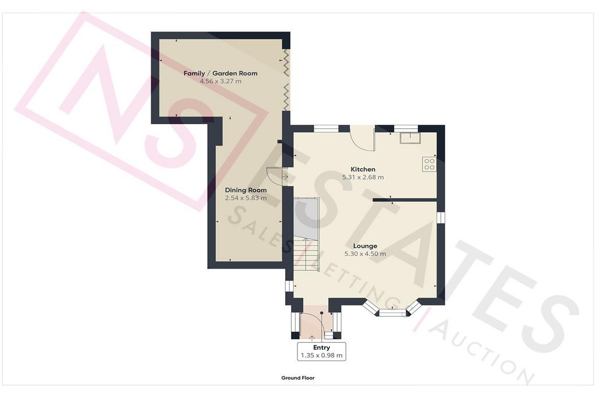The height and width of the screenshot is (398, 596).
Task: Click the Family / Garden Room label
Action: [x=221, y=73]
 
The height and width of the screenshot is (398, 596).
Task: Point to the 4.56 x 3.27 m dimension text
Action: [x=221, y=81]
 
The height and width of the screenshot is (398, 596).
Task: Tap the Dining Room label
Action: [x=246, y=190]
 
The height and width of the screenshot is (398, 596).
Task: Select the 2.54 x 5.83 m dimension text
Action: [x=246, y=198]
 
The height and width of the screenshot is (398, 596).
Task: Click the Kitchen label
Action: [x=363, y=169]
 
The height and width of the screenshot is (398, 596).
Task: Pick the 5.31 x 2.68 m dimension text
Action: [x=363, y=177]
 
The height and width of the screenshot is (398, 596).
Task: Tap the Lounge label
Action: [x=366, y=246]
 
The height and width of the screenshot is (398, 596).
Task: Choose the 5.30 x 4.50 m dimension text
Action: [x=366, y=254]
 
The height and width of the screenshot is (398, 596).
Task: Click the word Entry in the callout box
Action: [x=321, y=347]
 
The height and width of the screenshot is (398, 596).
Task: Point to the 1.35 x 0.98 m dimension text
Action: [x=321, y=356]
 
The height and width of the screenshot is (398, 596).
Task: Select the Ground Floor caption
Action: [x=298, y=378]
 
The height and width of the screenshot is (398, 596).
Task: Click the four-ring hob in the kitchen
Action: [x=430, y=164]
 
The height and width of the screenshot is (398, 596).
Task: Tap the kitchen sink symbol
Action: [x=409, y=138]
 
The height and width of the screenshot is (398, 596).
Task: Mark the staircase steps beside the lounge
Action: [x=306, y=256]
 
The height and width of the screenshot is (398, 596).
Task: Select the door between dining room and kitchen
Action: [x=275, y=177]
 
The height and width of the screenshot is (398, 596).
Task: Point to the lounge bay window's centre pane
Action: [x=393, y=313]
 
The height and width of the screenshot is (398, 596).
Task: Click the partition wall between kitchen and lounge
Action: [x=404, y=199]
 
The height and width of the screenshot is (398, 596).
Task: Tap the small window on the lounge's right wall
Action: [x=441, y=217]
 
